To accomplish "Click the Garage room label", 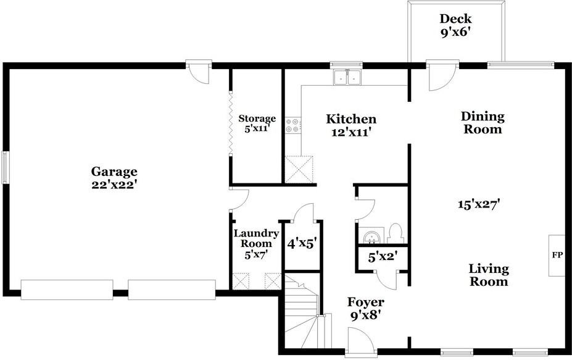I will pyautogui.click(x=114, y=177).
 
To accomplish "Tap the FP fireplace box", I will pyautogui.click(x=557, y=254).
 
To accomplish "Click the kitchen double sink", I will pyautogui.click(x=347, y=78).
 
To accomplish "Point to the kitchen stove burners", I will pyautogui.click(x=292, y=126).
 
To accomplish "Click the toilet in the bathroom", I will pyautogui.click(x=396, y=233).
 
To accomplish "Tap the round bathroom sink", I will pyautogui.click(x=371, y=237).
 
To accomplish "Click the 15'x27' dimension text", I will pyautogui.click(x=478, y=204).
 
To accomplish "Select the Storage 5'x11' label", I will pyautogui.click(x=257, y=123).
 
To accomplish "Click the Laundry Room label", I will pyautogui.click(x=252, y=244).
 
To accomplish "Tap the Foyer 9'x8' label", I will pyautogui.click(x=366, y=308).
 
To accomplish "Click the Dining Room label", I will pyautogui.click(x=483, y=123).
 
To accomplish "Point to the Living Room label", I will pyautogui.click(x=489, y=275).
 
